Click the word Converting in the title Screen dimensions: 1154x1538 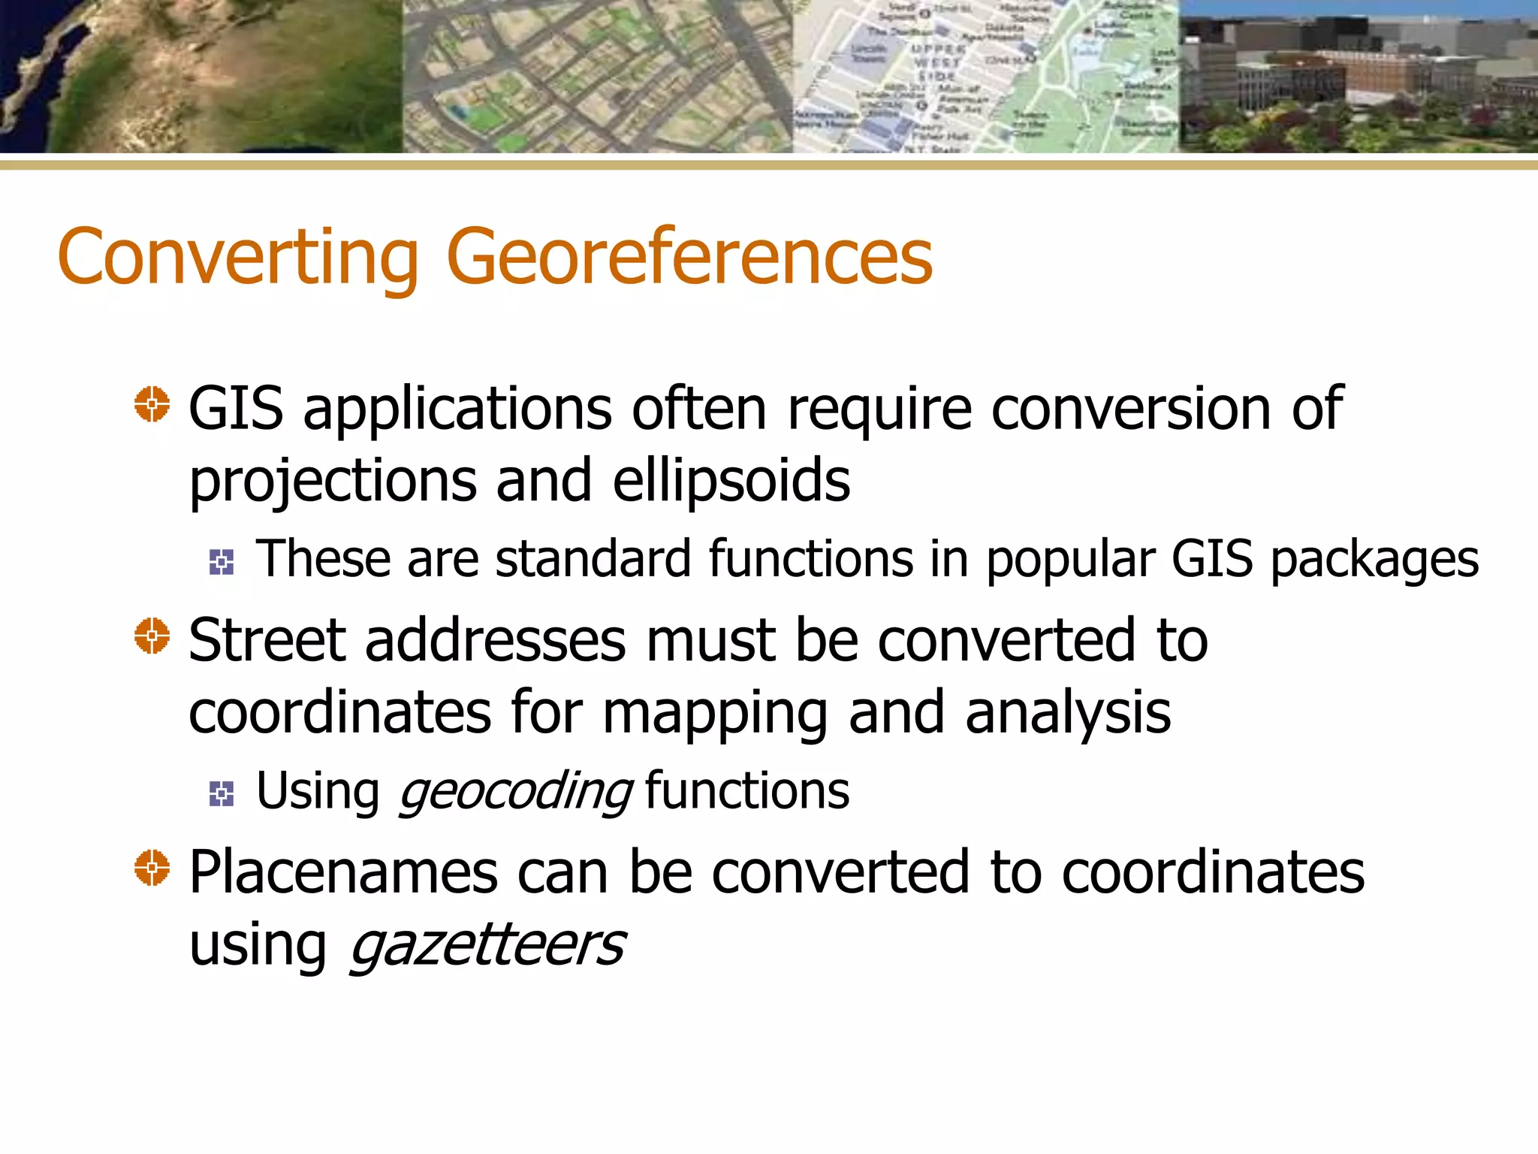click(237, 258)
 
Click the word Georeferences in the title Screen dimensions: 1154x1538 click(689, 258)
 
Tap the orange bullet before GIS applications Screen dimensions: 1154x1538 click(152, 405)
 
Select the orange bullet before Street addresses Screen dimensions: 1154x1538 click(152, 636)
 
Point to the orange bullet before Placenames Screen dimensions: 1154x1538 click(152, 868)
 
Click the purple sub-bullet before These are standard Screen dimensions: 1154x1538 click(222, 562)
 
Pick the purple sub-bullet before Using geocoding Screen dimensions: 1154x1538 click(222, 793)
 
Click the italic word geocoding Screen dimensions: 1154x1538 click(516, 792)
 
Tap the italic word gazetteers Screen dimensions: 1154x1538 click(487, 944)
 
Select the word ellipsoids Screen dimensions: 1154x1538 click(731, 481)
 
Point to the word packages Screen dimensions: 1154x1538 click(1374, 560)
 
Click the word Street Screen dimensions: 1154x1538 click(267, 640)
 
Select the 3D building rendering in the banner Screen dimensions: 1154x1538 click(1358, 75)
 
